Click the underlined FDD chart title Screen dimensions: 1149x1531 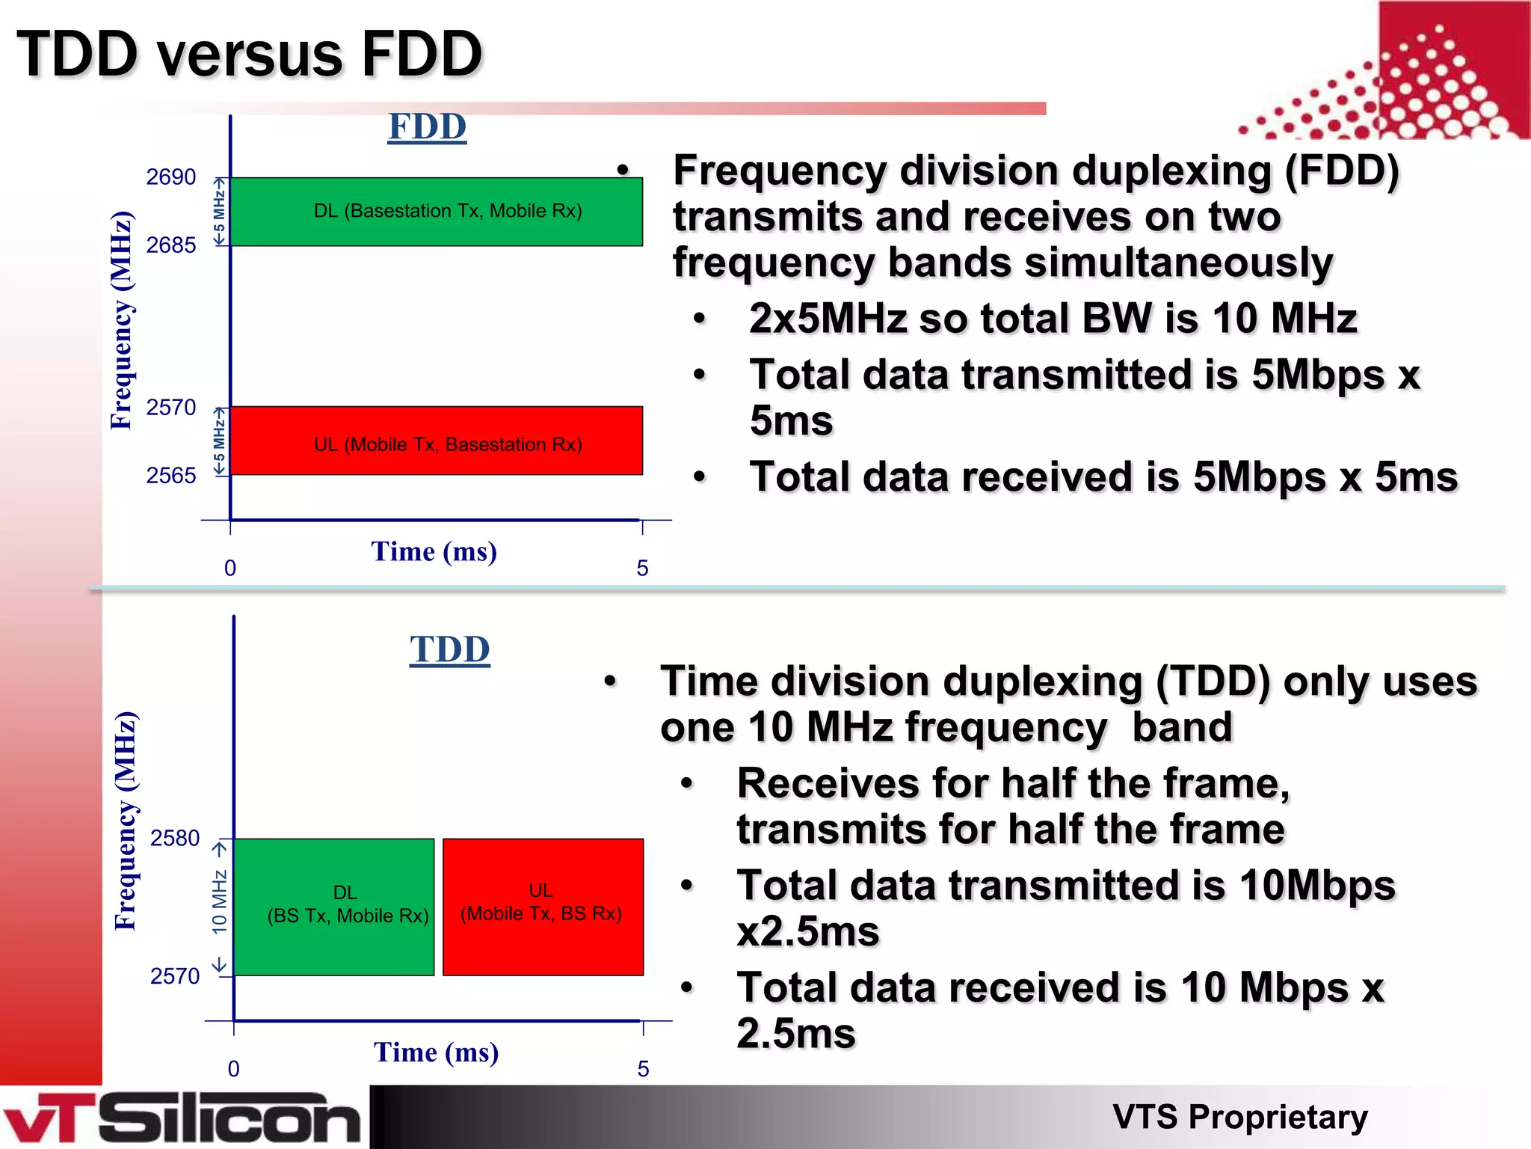point(427,126)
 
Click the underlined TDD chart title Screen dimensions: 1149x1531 point(449,649)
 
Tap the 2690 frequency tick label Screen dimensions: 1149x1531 point(170,177)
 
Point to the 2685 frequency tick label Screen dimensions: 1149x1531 point(170,245)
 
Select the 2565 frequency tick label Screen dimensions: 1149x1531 point(170,476)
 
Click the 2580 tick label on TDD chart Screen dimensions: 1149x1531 point(175,839)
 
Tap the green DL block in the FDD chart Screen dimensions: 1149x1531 point(437,212)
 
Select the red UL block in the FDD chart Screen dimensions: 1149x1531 point(437,441)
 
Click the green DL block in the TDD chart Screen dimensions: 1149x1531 point(334,907)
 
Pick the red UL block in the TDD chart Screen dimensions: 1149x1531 point(543,907)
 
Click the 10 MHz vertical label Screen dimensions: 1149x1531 point(219,901)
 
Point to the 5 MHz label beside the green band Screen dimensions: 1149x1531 point(219,212)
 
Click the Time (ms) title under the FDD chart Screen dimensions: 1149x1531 point(434,552)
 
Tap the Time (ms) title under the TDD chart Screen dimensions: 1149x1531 point(436,1053)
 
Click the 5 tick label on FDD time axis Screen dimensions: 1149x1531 point(642,569)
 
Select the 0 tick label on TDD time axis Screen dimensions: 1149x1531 point(233,1069)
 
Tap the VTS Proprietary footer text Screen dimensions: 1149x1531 point(1239,1117)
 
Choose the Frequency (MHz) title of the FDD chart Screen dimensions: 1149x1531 point(121,321)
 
